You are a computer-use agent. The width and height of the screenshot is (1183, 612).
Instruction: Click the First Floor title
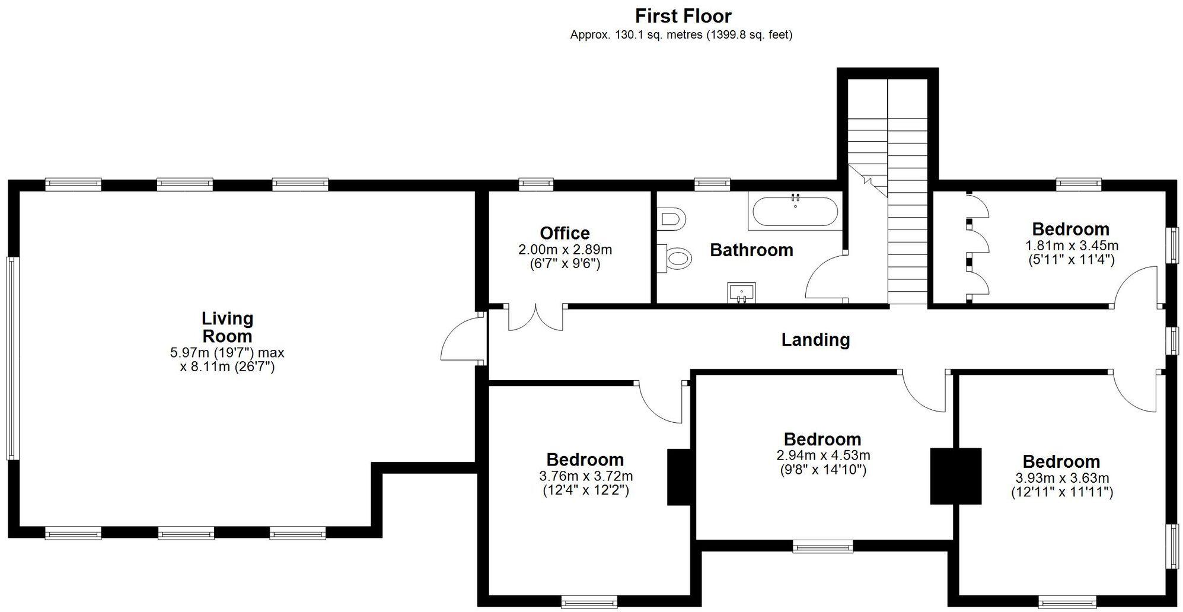click(x=683, y=15)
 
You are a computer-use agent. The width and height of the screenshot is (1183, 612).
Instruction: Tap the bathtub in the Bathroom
click(x=795, y=212)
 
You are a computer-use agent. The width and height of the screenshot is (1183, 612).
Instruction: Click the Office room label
click(x=565, y=233)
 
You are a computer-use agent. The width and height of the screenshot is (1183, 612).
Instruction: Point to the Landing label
click(x=815, y=340)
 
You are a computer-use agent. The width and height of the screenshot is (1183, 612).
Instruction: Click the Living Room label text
click(x=227, y=327)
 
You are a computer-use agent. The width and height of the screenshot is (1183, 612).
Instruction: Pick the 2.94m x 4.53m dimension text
click(x=823, y=456)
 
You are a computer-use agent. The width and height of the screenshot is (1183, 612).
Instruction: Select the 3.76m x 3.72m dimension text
click(x=585, y=476)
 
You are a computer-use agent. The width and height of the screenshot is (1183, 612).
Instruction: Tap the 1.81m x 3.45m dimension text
click(x=1072, y=246)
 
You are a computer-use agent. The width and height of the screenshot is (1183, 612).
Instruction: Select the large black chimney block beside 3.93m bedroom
click(x=955, y=476)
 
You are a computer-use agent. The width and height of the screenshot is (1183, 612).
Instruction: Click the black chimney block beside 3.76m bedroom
click(x=679, y=477)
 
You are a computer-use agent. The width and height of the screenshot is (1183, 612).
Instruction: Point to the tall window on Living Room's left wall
click(x=12, y=358)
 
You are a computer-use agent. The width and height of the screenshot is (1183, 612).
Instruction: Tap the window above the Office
click(x=535, y=184)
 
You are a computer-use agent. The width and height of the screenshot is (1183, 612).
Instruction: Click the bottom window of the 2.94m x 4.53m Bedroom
click(x=822, y=546)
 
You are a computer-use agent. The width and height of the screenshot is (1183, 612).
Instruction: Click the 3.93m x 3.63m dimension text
click(x=1061, y=478)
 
